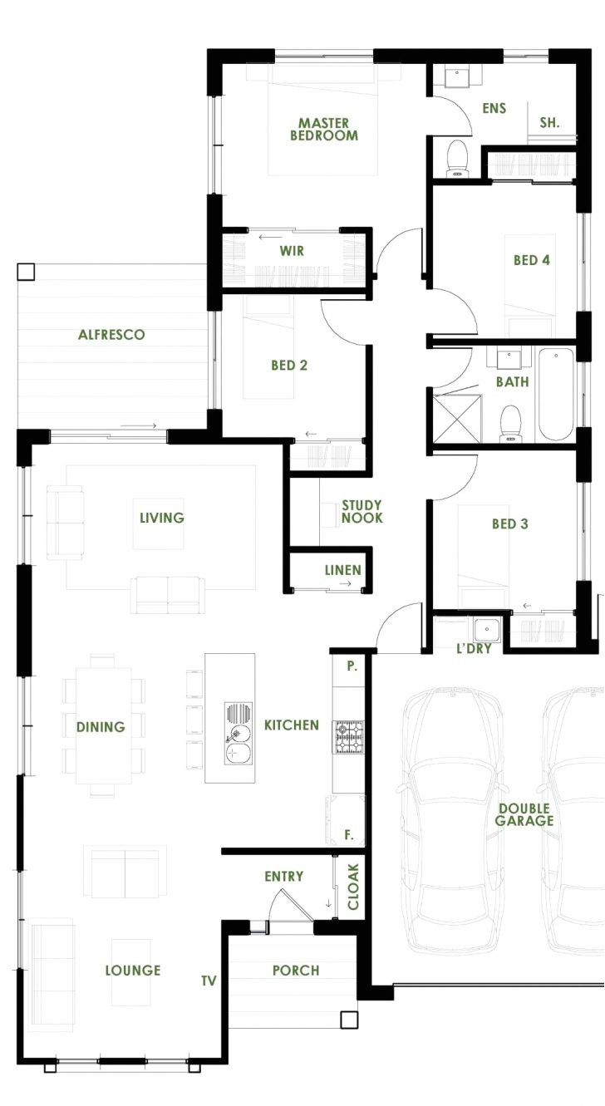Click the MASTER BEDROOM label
(x=324, y=129)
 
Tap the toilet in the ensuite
(x=457, y=158)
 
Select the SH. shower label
(x=549, y=122)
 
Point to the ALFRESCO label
(x=111, y=335)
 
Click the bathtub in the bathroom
(x=556, y=395)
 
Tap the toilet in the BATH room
(x=509, y=422)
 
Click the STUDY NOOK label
(x=362, y=511)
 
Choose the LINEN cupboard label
(x=343, y=570)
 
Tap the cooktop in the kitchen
(x=347, y=737)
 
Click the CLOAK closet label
(x=353, y=887)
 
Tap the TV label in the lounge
(x=208, y=981)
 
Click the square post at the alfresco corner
(x=26, y=272)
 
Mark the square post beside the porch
(x=348, y=1020)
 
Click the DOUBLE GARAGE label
(x=525, y=814)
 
